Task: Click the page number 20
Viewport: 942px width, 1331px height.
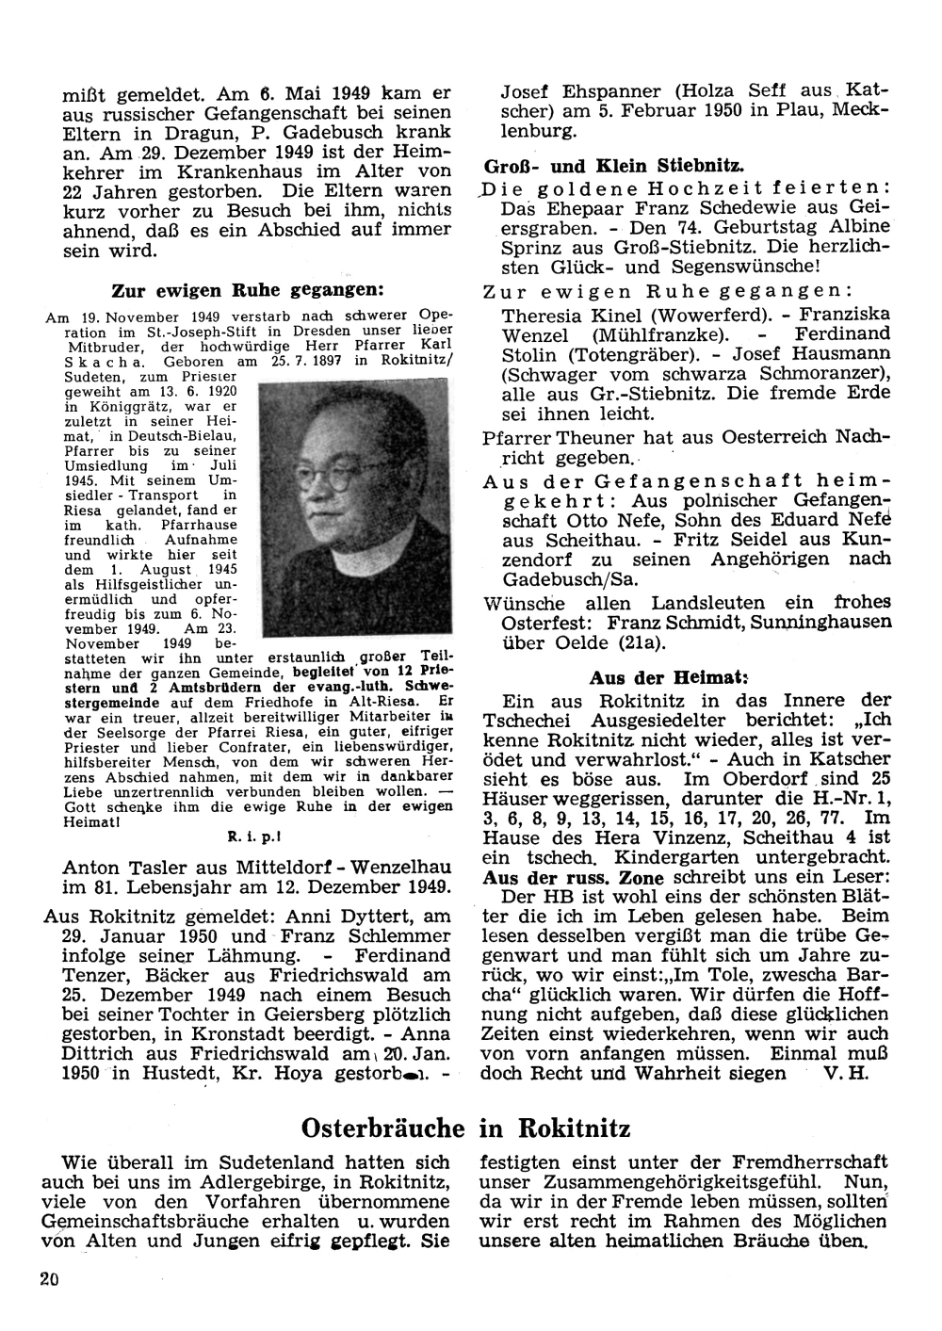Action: coord(50,1278)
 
